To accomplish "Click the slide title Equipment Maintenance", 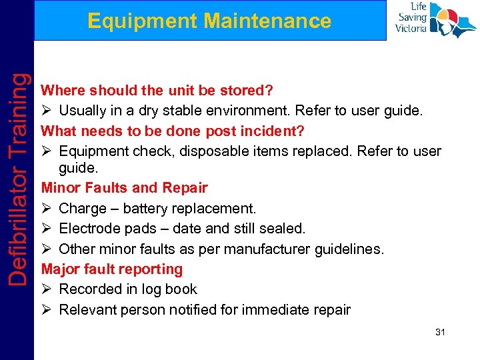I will coord(209,21).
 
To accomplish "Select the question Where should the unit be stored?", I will coord(157,90).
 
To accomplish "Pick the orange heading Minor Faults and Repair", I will coord(125,188).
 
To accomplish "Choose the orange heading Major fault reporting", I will coord(112,269).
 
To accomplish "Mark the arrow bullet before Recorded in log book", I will coord(47,289).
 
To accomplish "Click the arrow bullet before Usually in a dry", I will coord(47,110).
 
